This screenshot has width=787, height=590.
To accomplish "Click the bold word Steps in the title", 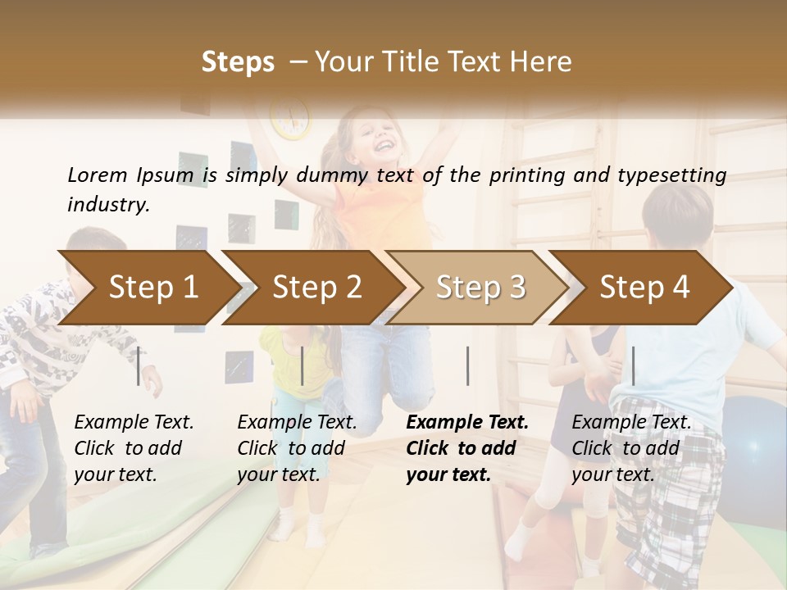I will click(238, 62).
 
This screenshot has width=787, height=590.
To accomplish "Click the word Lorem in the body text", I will click(97, 175).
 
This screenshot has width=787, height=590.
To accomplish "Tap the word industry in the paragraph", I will click(107, 205).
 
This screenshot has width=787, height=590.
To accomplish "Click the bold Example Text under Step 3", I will click(467, 423).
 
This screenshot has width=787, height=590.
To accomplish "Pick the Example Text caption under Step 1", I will click(134, 423).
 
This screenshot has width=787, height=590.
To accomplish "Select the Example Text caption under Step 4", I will click(631, 423).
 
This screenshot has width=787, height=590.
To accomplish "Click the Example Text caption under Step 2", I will click(297, 423).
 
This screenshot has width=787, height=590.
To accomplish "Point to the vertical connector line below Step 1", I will click(139, 365).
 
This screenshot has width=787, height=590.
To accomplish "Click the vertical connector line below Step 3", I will click(468, 365).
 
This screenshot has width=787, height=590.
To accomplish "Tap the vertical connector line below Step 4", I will click(633, 365).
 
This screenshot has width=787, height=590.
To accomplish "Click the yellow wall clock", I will click(291, 117).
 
